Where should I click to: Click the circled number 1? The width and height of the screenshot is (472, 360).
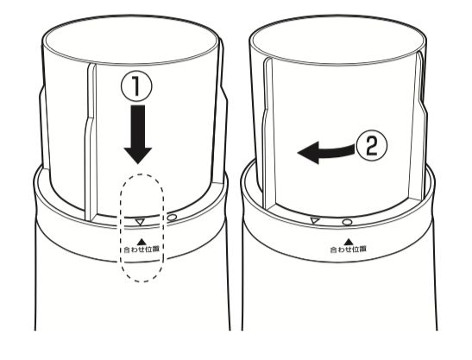pyautogui.click(x=136, y=86)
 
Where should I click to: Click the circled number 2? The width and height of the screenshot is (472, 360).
pyautogui.click(x=372, y=147)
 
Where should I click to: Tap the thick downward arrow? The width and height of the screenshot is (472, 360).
pyautogui.click(x=138, y=134)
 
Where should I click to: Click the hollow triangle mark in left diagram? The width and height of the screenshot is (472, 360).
pyautogui.click(x=140, y=222)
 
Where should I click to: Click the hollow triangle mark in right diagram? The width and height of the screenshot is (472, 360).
pyautogui.click(x=315, y=220)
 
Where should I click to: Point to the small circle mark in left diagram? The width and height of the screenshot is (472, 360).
pyautogui.click(x=172, y=218)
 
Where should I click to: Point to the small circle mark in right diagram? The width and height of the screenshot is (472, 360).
pyautogui.click(x=348, y=223)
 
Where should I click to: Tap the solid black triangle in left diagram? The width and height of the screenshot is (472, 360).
pyautogui.click(x=142, y=242)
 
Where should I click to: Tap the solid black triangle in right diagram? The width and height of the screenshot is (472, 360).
pyautogui.click(x=349, y=242)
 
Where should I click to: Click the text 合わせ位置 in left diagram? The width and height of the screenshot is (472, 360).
pyautogui.click(x=142, y=249)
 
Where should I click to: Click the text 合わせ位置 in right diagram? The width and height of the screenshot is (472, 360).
pyautogui.click(x=349, y=249)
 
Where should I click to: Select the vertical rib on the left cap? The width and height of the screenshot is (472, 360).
pyautogui.click(x=91, y=142)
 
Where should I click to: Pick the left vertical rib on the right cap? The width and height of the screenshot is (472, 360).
pyautogui.click(x=267, y=133)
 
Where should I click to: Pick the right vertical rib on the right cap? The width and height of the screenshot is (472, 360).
pyautogui.click(x=421, y=127)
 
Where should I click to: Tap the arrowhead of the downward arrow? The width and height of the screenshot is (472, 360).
pyautogui.click(x=138, y=155)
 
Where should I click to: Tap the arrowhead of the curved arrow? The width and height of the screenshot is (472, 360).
pyautogui.click(x=308, y=152)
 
